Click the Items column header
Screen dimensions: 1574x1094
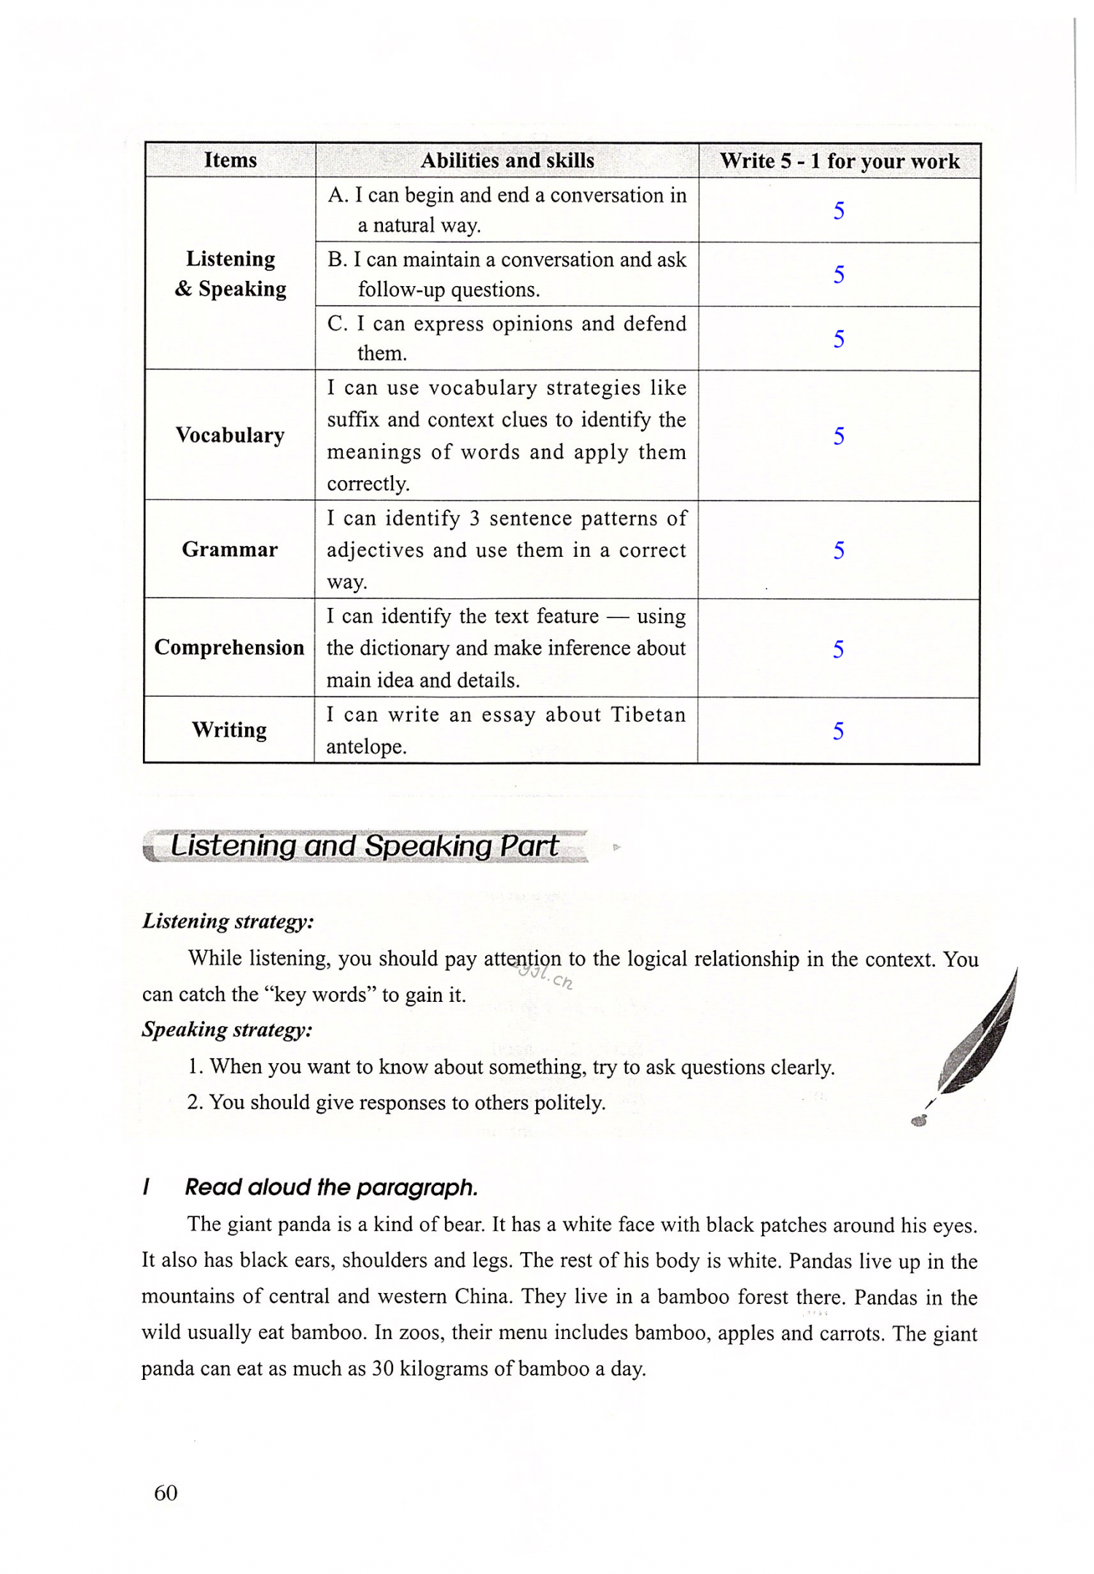pos(230,160)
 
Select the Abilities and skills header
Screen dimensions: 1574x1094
pos(507,161)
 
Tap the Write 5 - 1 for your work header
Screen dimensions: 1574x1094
pos(839,161)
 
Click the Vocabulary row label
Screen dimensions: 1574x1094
pos(230,435)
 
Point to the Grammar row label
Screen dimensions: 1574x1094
pos(230,549)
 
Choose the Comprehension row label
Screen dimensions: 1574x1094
pos(229,647)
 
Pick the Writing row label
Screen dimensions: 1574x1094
pos(229,730)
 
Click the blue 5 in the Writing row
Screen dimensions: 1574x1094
pos(839,730)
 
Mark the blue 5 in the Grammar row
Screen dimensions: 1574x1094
pos(839,550)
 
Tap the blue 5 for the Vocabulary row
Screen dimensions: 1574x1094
pos(839,436)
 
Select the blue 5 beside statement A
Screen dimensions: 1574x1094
pos(839,211)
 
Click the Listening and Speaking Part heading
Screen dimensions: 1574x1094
pos(365,846)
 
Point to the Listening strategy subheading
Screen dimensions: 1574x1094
pos(228,921)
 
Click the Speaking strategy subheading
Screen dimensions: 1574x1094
pos(227,1030)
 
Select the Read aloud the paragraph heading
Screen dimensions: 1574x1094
pos(331,1187)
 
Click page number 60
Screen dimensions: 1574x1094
pos(166,1493)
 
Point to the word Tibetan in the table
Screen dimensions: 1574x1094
pos(648,714)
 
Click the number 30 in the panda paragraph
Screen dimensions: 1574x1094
pos(383,1369)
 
